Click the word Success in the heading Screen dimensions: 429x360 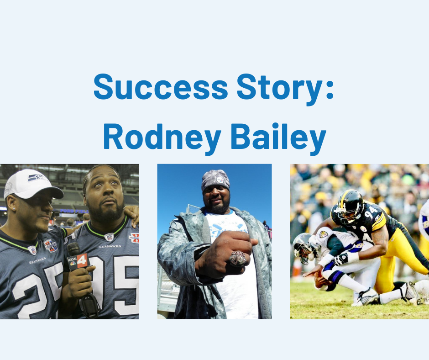click(x=161, y=87)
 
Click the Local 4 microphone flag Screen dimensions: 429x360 click(x=78, y=262)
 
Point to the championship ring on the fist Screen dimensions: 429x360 click(x=237, y=259)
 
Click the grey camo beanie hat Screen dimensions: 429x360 click(x=215, y=180)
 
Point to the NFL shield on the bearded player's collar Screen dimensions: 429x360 click(x=109, y=237)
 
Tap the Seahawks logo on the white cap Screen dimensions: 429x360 click(x=36, y=178)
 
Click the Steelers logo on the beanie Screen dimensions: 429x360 click(x=220, y=180)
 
